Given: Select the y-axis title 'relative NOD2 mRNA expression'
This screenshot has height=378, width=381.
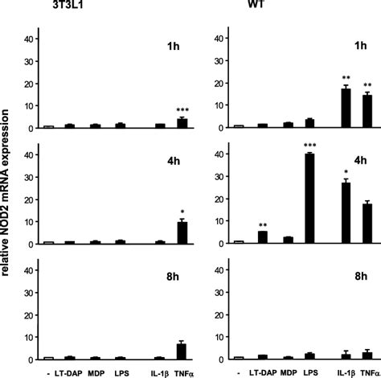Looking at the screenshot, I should point(6,190).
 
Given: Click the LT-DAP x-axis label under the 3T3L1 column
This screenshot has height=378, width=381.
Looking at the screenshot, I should point(72,372).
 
